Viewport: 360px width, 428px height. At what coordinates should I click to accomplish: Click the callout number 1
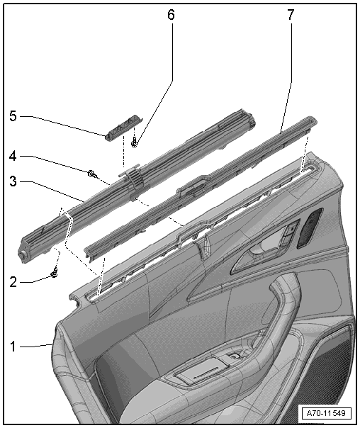13,347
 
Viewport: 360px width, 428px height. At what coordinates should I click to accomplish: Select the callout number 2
13,282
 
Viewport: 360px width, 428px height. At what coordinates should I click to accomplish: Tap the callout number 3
13,181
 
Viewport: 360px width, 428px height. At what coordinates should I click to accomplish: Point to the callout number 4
13,157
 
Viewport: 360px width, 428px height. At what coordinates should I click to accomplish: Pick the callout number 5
13,116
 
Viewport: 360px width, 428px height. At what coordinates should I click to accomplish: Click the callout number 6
171,15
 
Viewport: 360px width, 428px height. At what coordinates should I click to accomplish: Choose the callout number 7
291,15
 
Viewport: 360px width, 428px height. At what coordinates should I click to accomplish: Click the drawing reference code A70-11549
326,413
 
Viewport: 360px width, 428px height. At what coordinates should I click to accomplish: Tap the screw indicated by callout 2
55,274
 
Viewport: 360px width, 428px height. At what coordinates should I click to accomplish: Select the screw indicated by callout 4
91,174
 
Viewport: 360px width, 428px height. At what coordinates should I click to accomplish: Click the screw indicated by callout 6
134,143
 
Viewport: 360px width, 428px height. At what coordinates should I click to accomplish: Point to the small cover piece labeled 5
124,127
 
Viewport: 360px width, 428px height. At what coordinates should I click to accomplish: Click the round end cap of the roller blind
21,254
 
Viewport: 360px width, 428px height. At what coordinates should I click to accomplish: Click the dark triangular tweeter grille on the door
309,227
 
